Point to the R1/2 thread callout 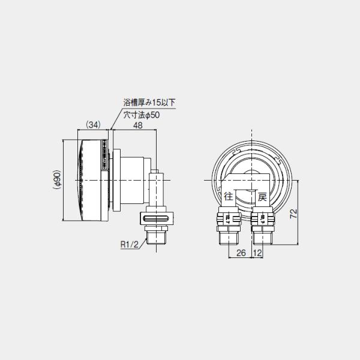[x=130, y=244]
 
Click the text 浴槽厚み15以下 [x=151, y=103]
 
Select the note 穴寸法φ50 [x=143, y=115]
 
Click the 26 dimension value [x=241, y=253]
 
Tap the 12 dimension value [x=258, y=253]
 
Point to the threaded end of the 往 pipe [x=229, y=238]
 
